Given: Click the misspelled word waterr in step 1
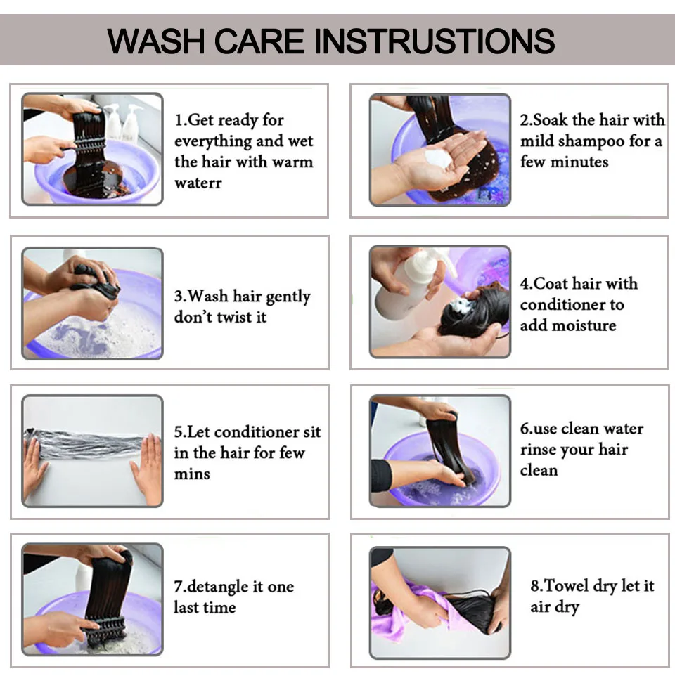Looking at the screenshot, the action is pos(198,183).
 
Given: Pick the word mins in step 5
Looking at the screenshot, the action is pos(192,474).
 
